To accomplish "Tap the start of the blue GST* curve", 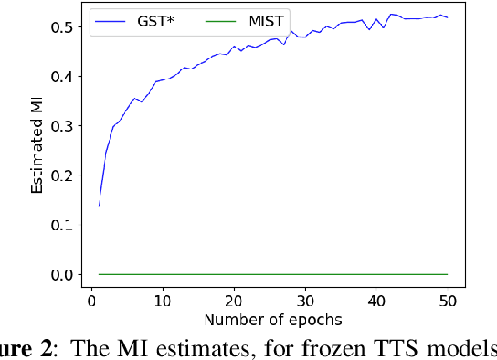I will (99, 206).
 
